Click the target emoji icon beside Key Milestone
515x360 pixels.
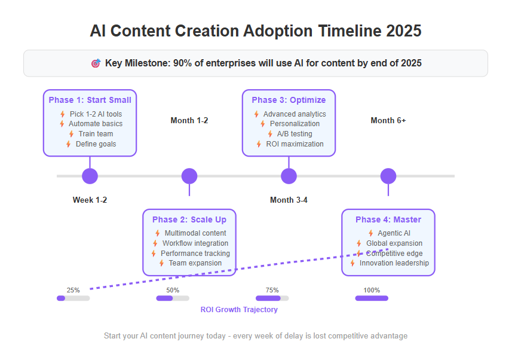[96, 63]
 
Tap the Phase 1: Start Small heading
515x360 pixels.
[90, 100]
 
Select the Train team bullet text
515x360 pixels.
[96, 134]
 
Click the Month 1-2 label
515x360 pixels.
[189, 120]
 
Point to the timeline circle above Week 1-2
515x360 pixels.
[90, 176]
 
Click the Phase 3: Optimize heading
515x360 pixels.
[289, 100]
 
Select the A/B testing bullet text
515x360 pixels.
[295, 134]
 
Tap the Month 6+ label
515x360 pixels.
[388, 120]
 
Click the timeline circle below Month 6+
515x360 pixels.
[388, 176]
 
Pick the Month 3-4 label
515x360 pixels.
[289, 200]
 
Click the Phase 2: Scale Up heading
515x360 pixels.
[189, 219]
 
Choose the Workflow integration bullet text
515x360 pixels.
[195, 243]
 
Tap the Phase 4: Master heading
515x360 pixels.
[388, 219]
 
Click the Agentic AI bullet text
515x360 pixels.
[394, 233]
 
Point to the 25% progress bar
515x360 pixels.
[73, 298]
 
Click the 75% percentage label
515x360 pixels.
[272, 290]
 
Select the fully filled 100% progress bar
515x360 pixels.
[372, 298]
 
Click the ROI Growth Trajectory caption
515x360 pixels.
[239, 310]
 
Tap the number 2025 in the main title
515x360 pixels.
[404, 31]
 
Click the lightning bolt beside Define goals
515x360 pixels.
[68, 144]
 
